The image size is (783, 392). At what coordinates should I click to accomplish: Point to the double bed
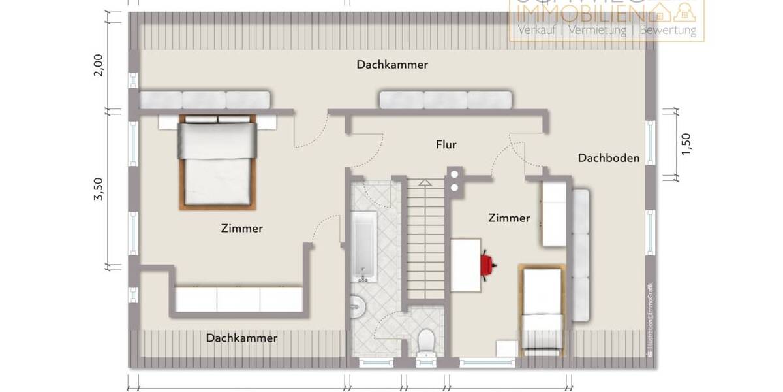217,162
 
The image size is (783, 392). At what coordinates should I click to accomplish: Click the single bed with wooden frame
543,308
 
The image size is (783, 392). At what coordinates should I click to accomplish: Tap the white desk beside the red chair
465,265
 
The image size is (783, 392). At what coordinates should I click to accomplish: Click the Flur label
446,145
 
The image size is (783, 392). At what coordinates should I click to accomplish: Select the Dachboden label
608,157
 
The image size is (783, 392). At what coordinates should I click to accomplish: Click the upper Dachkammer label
391,65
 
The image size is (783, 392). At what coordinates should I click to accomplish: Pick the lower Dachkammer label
241,338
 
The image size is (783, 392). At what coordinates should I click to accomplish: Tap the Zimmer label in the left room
241,229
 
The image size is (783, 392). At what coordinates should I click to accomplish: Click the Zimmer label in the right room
509,218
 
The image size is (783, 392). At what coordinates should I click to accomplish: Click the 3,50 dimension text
99,189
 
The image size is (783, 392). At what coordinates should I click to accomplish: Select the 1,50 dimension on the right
685,144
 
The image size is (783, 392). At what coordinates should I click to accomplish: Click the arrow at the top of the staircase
424,184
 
